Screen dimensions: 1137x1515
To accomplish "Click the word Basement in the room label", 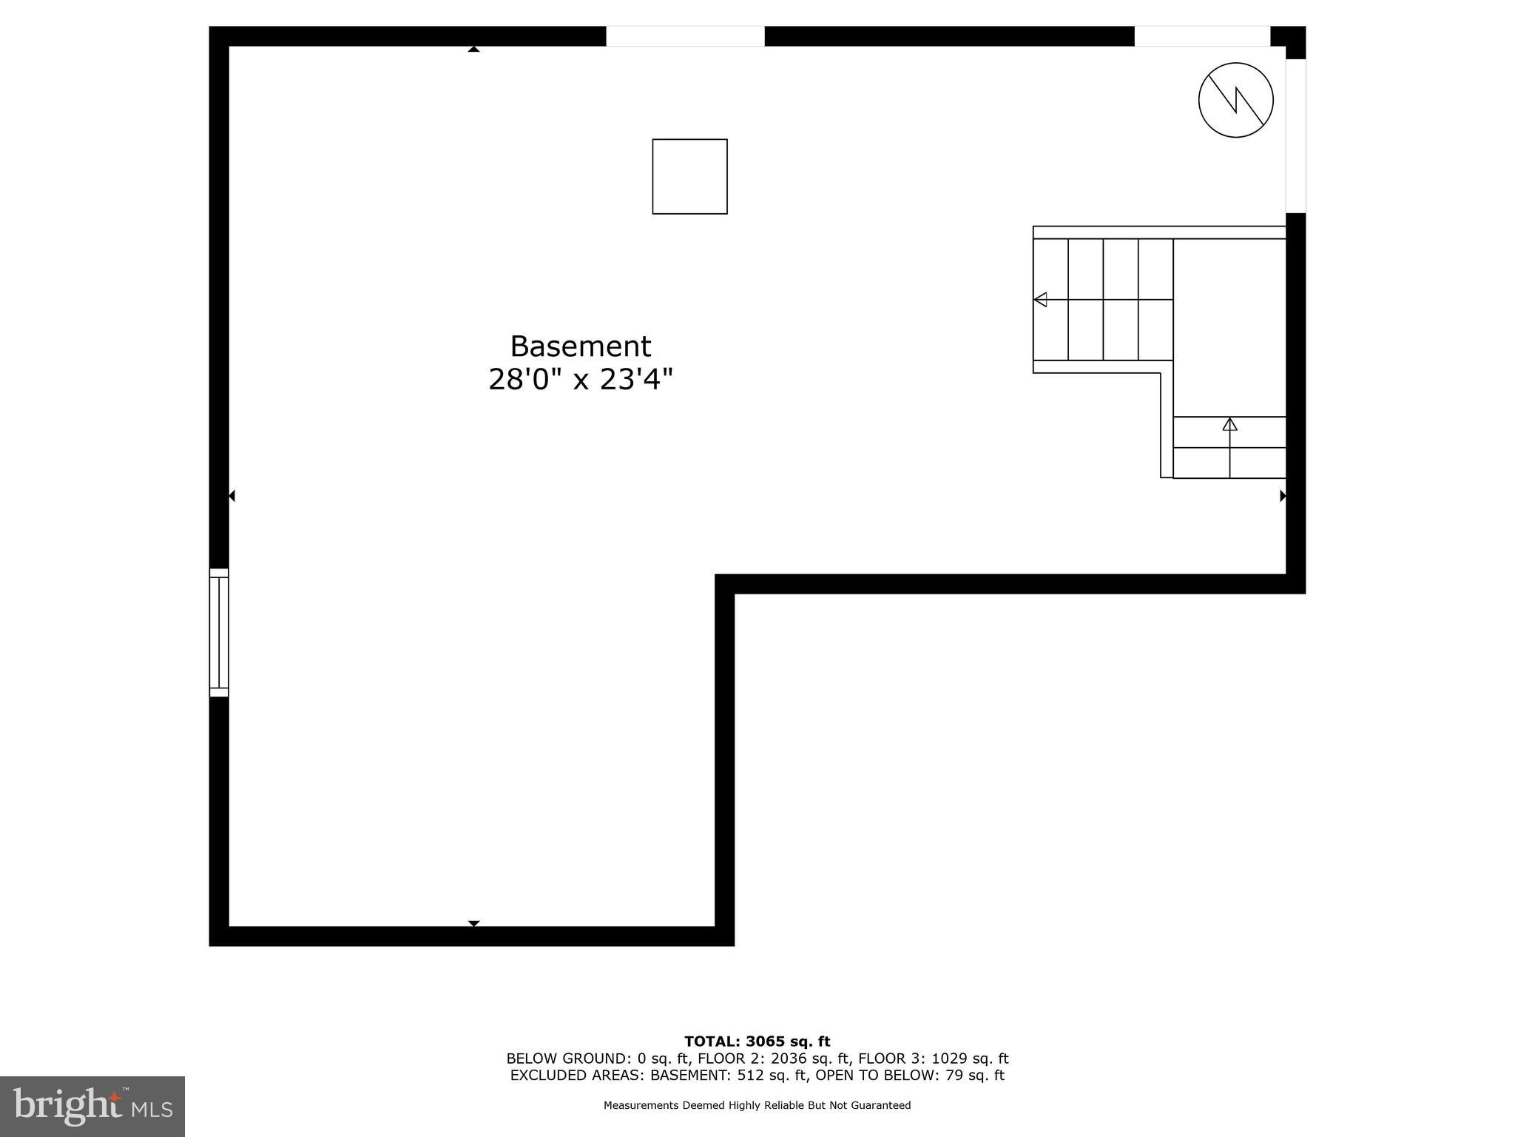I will pyautogui.click(x=580, y=346).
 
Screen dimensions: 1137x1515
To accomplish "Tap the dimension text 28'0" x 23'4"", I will pyautogui.click(x=580, y=380).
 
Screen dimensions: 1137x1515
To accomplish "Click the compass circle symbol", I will pyautogui.click(x=1235, y=100).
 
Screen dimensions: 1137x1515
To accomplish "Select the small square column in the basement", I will pyautogui.click(x=689, y=176).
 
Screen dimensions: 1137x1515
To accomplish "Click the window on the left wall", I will pyautogui.click(x=219, y=633).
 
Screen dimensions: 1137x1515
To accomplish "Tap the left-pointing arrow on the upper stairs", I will pyautogui.click(x=1040, y=300).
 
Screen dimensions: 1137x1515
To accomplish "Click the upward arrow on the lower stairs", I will pyautogui.click(x=1229, y=424).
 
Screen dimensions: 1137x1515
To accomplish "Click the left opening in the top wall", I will pyautogui.click(x=685, y=36).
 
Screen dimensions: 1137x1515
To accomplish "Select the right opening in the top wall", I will pyautogui.click(x=1201, y=36).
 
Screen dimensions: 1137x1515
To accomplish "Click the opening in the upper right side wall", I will pyautogui.click(x=1295, y=135).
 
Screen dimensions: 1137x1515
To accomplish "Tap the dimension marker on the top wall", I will pyautogui.click(x=473, y=49).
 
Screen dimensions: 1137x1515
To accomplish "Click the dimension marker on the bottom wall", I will pyautogui.click(x=473, y=923).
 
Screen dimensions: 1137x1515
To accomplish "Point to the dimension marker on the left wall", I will pyautogui.click(x=232, y=496).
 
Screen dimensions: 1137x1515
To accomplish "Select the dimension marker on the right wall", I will pyautogui.click(x=1283, y=496).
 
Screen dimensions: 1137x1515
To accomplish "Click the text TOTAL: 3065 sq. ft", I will pyautogui.click(x=757, y=1042).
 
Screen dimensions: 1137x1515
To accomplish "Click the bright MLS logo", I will pyautogui.click(x=92, y=1106).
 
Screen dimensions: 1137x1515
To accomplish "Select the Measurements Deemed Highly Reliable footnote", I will pyautogui.click(x=757, y=1105).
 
